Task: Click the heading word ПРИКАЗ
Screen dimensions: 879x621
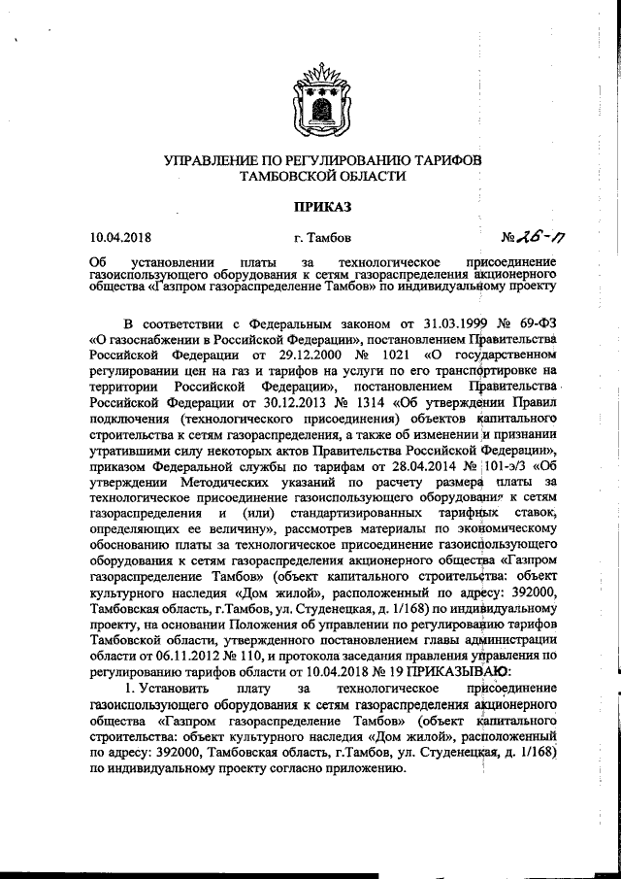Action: [x=321, y=205]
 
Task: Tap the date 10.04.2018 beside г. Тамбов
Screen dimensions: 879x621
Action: [x=120, y=236]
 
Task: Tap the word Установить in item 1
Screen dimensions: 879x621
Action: [x=164, y=697]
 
